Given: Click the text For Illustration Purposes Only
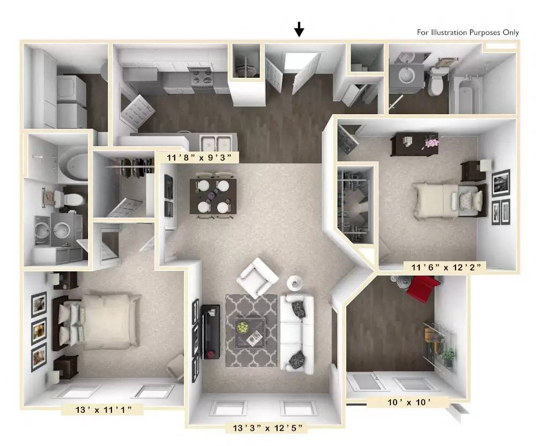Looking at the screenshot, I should click(x=467, y=32).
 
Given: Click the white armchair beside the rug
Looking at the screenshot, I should click(x=258, y=277).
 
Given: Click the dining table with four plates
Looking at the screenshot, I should click(x=213, y=195).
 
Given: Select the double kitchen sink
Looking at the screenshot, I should click(x=216, y=143).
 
